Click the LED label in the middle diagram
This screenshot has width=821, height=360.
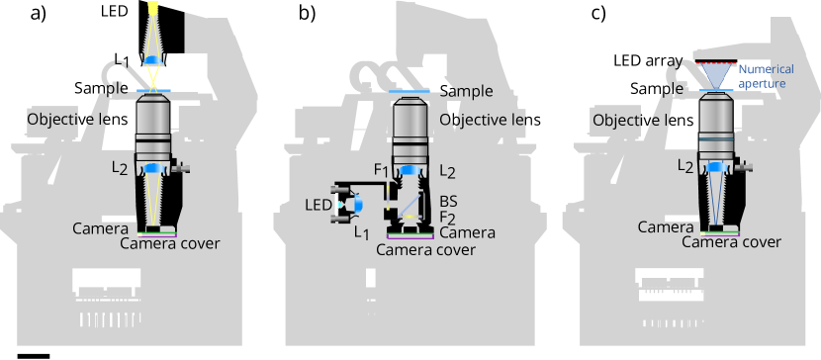pyautogui.click(x=319, y=205)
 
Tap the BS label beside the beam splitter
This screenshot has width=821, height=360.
pyautogui.click(x=448, y=202)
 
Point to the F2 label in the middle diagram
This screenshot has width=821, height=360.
pyautogui.click(x=447, y=218)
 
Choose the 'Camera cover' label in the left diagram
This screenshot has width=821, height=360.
pyautogui.click(x=170, y=243)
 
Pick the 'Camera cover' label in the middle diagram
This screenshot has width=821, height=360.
pyautogui.click(x=425, y=249)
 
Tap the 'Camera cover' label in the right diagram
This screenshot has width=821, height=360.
pyautogui.click(x=732, y=242)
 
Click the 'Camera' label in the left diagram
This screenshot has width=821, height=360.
pyautogui.click(x=100, y=228)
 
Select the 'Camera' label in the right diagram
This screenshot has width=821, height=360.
pyautogui.click(x=665, y=227)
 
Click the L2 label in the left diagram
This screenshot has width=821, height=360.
pyautogui.click(x=119, y=169)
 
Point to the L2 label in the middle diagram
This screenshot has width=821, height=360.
pyautogui.click(x=448, y=172)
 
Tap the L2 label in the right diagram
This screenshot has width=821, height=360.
pyautogui.click(x=684, y=167)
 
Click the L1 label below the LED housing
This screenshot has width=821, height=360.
pyautogui.click(x=361, y=233)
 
